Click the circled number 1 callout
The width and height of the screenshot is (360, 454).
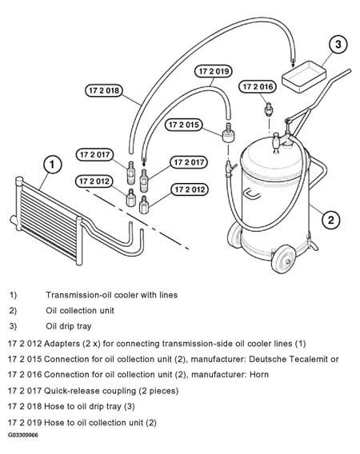tap(52, 164)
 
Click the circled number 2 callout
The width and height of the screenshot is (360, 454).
tap(330, 220)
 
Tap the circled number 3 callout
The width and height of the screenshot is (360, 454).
tap(338, 44)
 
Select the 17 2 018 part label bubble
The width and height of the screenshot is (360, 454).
tap(104, 90)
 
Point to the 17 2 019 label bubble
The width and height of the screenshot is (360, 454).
tap(214, 71)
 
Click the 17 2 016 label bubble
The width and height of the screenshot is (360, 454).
tap(258, 86)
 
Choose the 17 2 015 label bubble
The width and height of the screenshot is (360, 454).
tap(184, 125)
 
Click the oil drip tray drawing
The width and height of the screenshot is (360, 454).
tap(304, 77)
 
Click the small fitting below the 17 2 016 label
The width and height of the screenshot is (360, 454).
tap(269, 110)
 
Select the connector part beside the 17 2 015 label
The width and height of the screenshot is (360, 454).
tap(229, 133)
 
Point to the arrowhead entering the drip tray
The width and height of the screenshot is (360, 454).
tap(293, 63)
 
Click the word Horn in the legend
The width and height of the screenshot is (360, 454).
tap(259, 374)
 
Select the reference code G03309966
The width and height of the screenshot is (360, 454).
tap(23, 435)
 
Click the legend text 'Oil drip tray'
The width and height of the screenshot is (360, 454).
tap(69, 326)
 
